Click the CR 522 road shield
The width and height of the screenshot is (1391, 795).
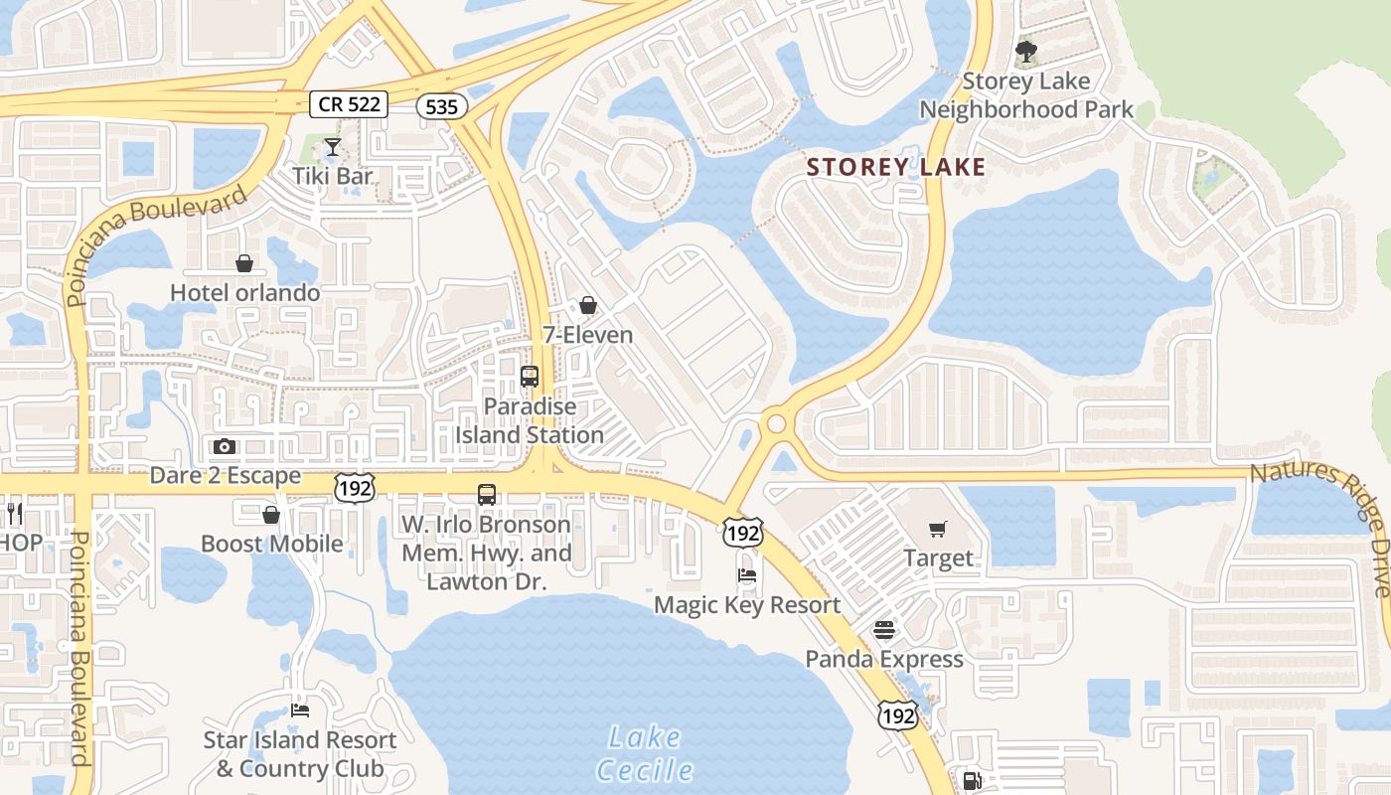click(347, 103)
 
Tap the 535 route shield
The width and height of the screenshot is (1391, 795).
click(441, 106)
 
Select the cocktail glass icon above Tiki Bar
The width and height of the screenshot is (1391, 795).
click(332, 148)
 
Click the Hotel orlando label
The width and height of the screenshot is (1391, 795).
click(244, 292)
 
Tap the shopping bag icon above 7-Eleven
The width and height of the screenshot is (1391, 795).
click(588, 305)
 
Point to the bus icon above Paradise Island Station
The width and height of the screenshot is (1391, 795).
click(530, 377)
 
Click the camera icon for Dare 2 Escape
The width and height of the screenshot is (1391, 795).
click(225, 447)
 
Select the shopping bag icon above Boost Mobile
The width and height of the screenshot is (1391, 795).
click(270, 515)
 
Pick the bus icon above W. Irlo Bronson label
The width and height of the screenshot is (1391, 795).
click(487, 495)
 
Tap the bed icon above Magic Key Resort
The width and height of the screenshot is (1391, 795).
click(747, 575)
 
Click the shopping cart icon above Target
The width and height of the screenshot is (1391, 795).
click(938, 529)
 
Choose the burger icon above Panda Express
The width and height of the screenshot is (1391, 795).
click(884, 630)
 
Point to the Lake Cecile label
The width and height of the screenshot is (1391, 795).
click(644, 753)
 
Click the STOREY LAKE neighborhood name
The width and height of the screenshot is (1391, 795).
click(896, 167)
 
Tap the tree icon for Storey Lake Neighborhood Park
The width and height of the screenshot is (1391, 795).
click(1026, 51)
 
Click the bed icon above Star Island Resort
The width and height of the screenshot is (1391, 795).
click(300, 711)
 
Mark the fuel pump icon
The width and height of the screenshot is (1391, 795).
click(972, 781)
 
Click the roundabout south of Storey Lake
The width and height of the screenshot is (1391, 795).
click(776, 424)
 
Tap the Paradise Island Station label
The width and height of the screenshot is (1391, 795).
click(530, 420)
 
